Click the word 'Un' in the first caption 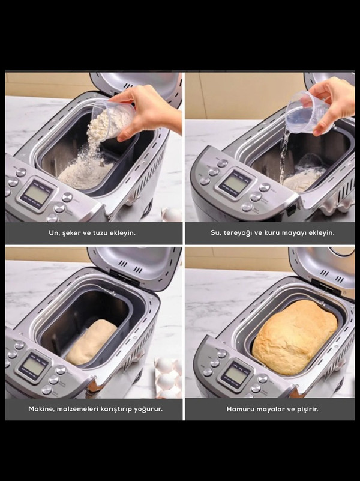[x=53, y=233]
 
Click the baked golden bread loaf [x=295, y=337]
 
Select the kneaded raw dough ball [x=91, y=341]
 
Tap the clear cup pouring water [x=307, y=112]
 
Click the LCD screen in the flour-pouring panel [x=35, y=195]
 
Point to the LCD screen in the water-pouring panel [x=235, y=183]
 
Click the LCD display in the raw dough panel [x=33, y=366]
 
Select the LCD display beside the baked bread [x=235, y=375]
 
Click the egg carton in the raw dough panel [x=169, y=378]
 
